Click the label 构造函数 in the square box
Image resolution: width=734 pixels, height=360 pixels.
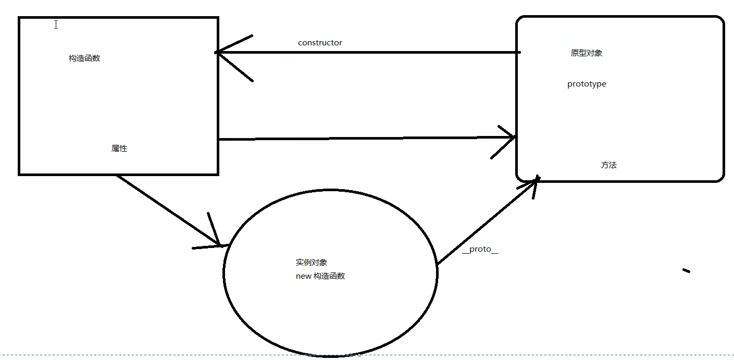tap(84, 58)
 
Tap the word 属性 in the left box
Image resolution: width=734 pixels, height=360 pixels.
tap(119, 148)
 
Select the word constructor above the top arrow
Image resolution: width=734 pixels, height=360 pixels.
tap(320, 43)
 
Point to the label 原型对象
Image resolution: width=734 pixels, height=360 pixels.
tap(587, 53)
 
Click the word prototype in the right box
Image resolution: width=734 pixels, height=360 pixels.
tap(587, 84)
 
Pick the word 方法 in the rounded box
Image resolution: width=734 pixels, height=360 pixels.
tap(608, 165)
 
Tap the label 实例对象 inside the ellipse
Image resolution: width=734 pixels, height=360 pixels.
tap(311, 263)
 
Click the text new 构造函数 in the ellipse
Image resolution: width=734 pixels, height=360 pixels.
tap(320, 276)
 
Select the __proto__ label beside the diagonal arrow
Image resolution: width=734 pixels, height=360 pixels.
tap(480, 249)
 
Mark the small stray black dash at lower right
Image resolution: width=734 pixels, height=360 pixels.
tap(686, 270)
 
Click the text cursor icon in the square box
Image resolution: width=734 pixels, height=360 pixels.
tap(56, 24)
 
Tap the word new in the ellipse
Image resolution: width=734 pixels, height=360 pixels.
tap(303, 276)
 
